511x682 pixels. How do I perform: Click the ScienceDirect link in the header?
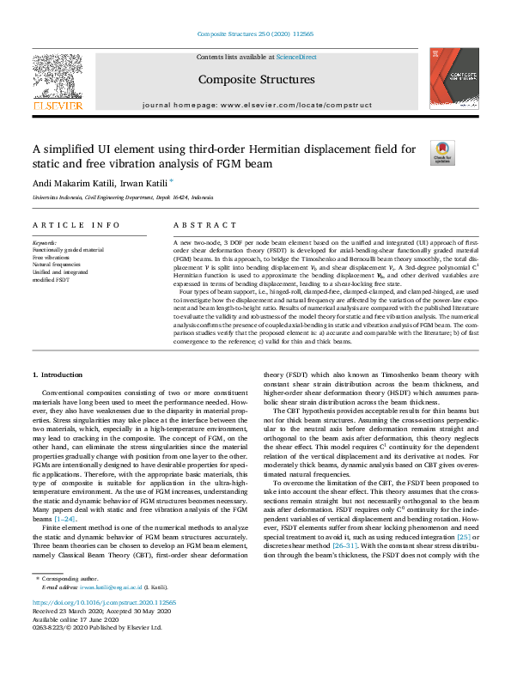coord(296,57)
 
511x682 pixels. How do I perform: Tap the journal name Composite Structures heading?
coord(256,79)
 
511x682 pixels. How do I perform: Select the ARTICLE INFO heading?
coord(76,225)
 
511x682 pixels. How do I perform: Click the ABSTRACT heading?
coord(203,225)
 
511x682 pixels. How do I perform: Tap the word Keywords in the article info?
coord(45,243)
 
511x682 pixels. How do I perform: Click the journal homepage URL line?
coord(256,105)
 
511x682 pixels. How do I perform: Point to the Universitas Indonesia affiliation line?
coord(123,198)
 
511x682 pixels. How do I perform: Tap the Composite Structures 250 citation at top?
coord(255,35)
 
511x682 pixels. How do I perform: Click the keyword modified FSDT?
coord(52,278)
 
